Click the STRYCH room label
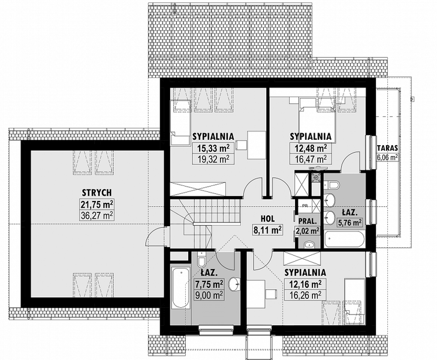coord(97,193)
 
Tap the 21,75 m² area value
coord(97,205)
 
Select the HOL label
coord(268,218)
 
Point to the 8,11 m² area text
coord(267,230)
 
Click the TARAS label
coord(387,148)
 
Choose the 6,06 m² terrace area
coord(387,158)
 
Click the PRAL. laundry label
coord(308,221)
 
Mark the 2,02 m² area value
coord(308,230)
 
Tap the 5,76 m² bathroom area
coord(349,223)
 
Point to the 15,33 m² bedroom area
coord(213,148)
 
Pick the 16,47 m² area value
coord(311,158)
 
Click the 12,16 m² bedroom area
coord(305,284)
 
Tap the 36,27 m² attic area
coord(97,215)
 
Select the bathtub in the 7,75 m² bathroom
coord(181,287)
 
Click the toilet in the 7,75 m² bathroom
coord(201,259)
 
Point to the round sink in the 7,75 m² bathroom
coord(234,284)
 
